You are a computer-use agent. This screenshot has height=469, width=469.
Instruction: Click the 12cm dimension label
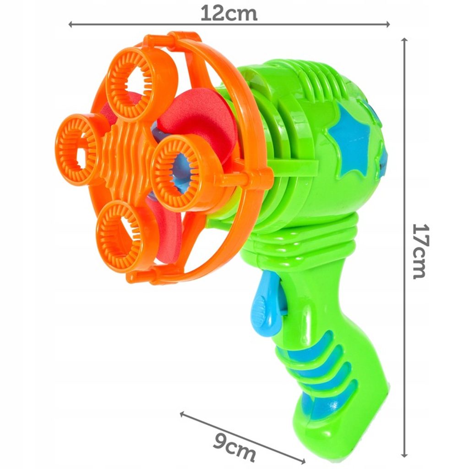click(229, 14)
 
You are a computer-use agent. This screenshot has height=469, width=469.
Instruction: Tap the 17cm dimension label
click(421, 251)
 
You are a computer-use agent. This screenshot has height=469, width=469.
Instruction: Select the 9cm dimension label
click(235, 446)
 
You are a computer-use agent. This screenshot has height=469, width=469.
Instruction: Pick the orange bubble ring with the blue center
click(181, 168)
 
